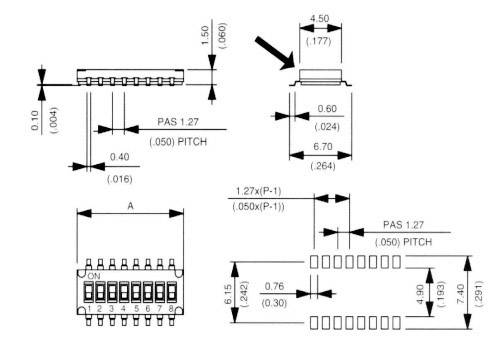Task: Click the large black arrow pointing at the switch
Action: point(275,52)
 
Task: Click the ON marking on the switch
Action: point(95,276)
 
